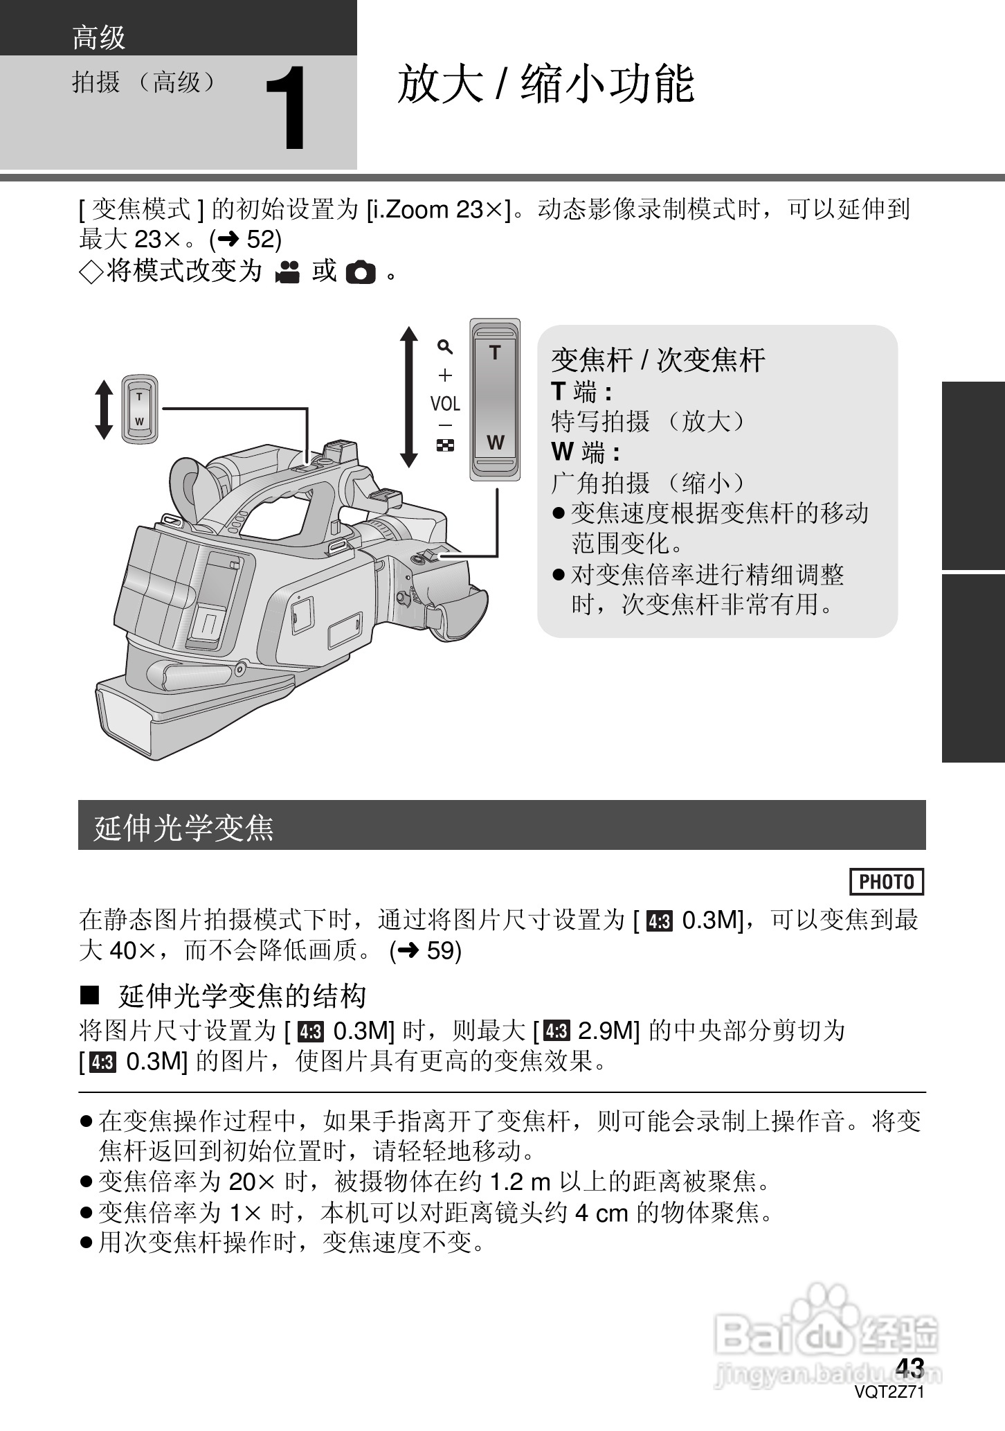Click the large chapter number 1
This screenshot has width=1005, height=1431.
[x=286, y=109]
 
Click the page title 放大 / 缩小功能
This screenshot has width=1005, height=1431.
[x=545, y=85]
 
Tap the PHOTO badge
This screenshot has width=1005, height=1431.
[x=886, y=882]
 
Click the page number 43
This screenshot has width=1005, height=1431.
[x=909, y=1368]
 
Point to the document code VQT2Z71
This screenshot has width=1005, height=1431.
[x=889, y=1392]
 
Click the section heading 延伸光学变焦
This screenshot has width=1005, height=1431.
[x=184, y=827]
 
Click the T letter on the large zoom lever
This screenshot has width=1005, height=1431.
[x=495, y=353]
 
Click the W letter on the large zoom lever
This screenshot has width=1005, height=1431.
[x=495, y=443]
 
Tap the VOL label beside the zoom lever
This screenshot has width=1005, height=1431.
[x=445, y=404]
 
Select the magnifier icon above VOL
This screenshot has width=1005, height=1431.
[x=445, y=346]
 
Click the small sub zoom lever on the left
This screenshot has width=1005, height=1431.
[x=140, y=409]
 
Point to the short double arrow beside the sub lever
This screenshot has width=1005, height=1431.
[x=104, y=409]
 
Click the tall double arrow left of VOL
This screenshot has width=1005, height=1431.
[x=409, y=397]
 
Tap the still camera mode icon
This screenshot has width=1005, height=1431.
[x=360, y=272]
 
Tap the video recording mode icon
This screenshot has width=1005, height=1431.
[x=287, y=272]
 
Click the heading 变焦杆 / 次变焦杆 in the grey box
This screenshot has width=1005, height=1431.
[x=658, y=360]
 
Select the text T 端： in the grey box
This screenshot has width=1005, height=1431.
[x=581, y=392]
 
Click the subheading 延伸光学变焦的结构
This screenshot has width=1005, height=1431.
[x=242, y=997]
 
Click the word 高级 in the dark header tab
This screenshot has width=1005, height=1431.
[x=98, y=37]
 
